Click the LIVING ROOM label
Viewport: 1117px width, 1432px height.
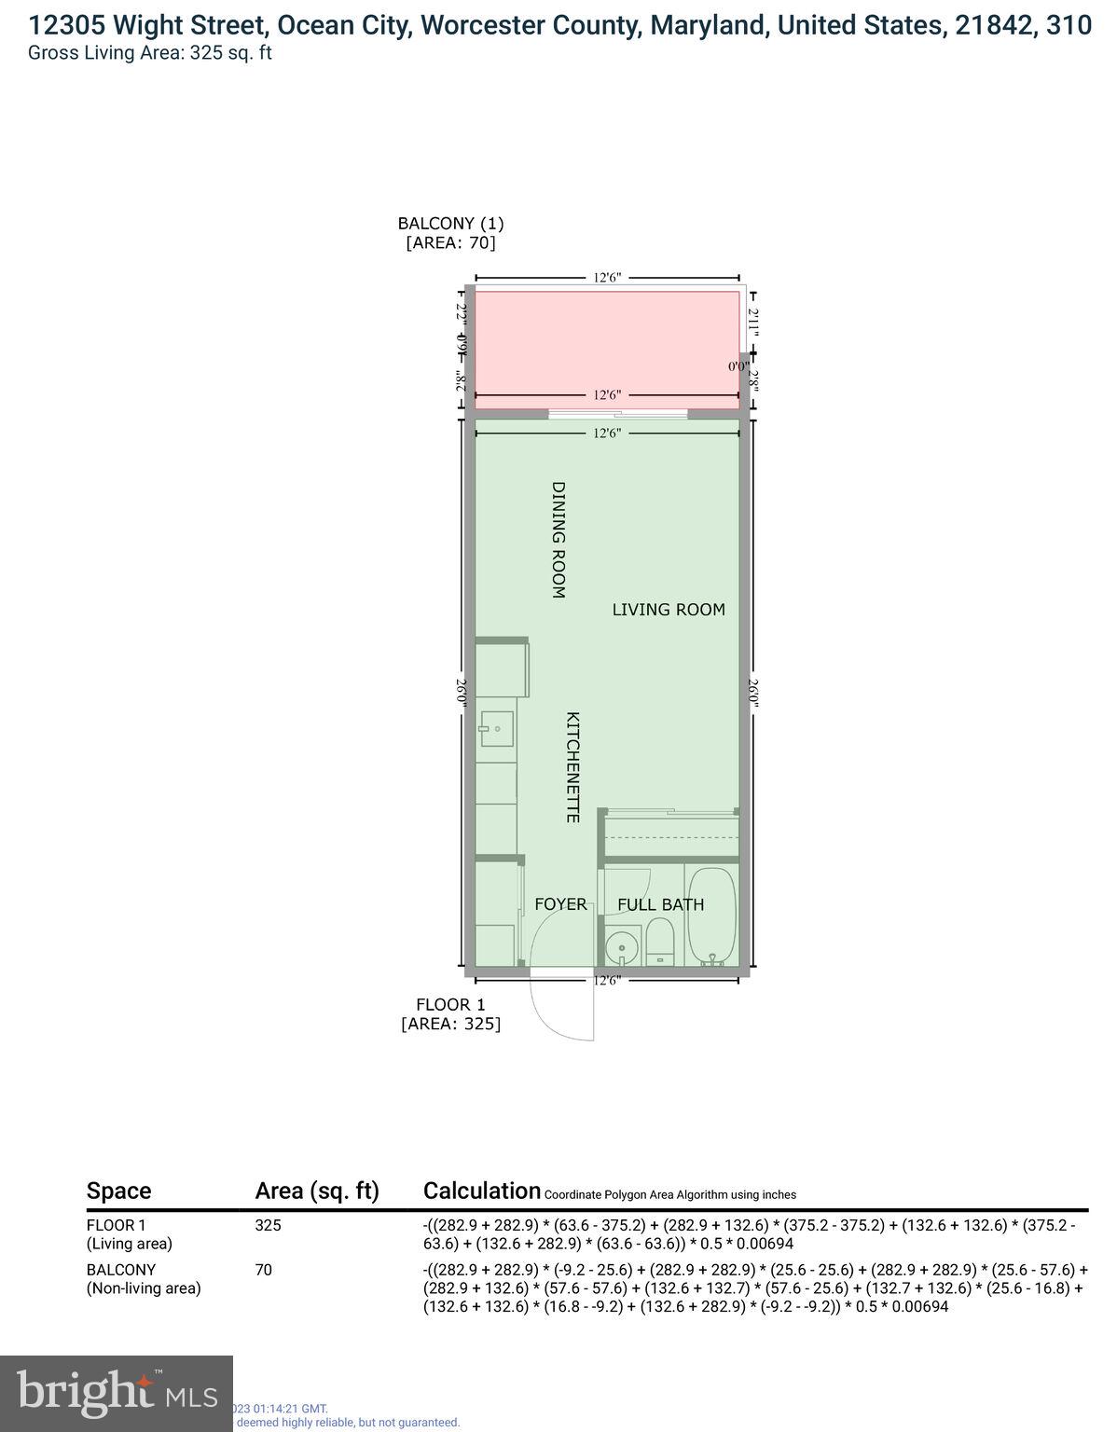668,610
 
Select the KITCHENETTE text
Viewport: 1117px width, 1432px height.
573,766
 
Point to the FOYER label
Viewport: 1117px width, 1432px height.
560,904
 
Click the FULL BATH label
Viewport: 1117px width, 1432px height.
660,904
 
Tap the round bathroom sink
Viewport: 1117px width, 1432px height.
621,948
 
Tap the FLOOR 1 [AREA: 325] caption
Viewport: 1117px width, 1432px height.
450,1014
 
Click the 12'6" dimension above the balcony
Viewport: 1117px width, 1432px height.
607,277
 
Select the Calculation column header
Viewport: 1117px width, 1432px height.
481,1191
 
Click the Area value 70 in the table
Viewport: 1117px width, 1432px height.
263,1270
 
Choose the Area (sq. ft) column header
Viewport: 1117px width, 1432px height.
317,1191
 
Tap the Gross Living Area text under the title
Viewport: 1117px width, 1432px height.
149,52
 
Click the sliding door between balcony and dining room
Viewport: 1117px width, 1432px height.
617,414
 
